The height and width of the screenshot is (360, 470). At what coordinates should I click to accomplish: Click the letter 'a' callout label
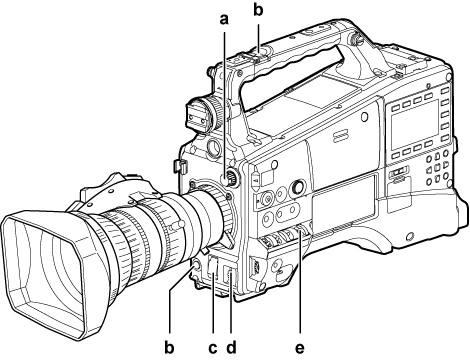coord(225,19)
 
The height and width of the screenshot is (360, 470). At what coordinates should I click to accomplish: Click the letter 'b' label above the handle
coord(258,9)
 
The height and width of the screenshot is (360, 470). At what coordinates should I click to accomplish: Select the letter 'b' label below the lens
coord(169,347)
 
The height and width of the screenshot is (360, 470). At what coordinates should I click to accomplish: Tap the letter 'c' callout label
coord(213,349)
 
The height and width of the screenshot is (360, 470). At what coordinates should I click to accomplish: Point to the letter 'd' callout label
coord(231,347)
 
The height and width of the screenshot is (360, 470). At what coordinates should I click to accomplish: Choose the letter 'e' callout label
coord(300,349)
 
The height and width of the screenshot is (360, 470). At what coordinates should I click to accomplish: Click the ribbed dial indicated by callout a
coord(230,177)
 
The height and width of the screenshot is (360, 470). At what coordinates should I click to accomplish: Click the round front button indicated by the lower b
coord(195,266)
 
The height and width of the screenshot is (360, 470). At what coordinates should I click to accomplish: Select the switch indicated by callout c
coord(213,267)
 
